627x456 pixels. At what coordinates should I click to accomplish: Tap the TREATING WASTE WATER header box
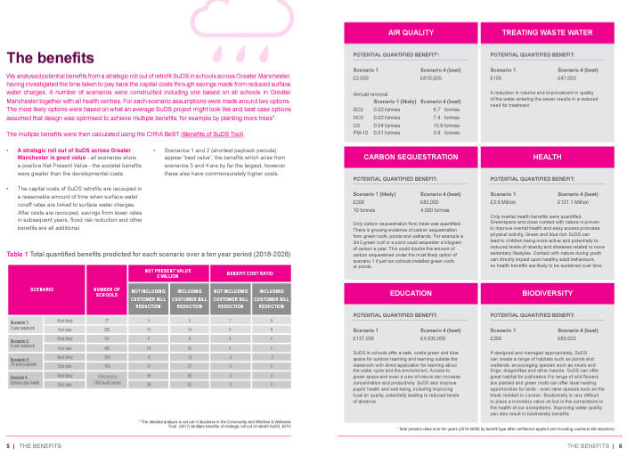point(547,32)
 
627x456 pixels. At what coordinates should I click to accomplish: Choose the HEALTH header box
point(547,157)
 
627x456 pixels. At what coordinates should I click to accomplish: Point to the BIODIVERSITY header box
point(547,292)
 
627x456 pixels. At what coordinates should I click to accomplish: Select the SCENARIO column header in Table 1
point(42,290)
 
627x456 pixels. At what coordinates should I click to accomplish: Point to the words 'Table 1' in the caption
point(17,254)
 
